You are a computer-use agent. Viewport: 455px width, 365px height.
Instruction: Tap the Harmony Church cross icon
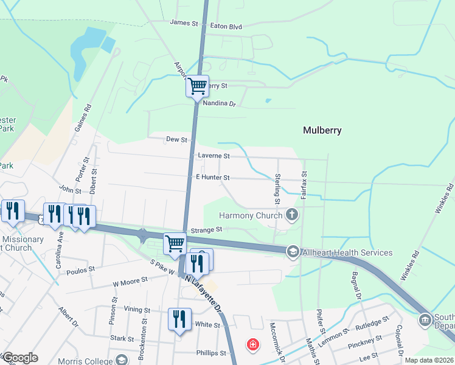(x=292, y=215)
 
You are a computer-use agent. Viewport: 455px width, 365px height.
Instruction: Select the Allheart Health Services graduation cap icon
(x=293, y=251)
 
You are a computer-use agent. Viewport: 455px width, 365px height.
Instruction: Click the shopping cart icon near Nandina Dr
(x=197, y=86)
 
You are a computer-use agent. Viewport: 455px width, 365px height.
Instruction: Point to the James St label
(x=185, y=23)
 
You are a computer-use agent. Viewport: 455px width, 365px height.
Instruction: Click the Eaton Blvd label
(x=226, y=27)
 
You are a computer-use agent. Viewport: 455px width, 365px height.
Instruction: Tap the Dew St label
(x=176, y=139)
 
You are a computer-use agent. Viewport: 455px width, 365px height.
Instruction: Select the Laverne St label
(x=214, y=156)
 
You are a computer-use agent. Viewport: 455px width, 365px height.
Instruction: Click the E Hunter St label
(x=212, y=178)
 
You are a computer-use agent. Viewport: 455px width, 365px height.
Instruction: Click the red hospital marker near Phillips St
(x=252, y=346)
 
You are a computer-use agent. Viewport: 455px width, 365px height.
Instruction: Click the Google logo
(x=21, y=358)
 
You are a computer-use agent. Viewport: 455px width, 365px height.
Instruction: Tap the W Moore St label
(x=130, y=281)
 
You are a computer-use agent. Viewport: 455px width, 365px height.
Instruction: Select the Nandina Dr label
(x=218, y=104)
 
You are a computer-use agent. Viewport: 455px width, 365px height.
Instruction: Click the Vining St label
(x=137, y=309)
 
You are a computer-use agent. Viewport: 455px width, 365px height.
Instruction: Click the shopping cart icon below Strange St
(x=175, y=243)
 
